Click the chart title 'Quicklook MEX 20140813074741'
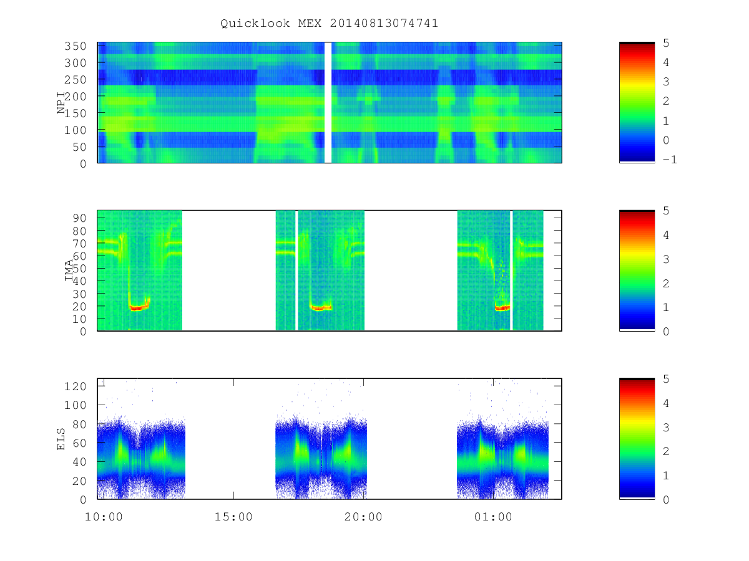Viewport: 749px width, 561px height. pyautogui.click(x=329, y=23)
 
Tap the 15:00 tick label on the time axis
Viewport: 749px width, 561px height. pyautogui.click(x=233, y=517)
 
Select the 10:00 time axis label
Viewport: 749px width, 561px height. pyautogui.click(x=104, y=517)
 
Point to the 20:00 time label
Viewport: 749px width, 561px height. pyautogui.click(x=363, y=517)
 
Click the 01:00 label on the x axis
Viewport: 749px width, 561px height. pyautogui.click(x=493, y=517)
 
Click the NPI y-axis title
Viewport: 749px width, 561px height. pyautogui.click(x=61, y=103)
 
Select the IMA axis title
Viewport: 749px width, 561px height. pyautogui.click(x=69, y=271)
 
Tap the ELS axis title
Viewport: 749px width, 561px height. pyautogui.click(x=61, y=439)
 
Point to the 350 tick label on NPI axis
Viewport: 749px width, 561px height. pyautogui.click(x=75, y=46)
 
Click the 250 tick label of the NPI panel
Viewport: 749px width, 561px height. pyautogui.click(x=75, y=80)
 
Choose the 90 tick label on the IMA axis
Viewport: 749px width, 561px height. pyautogui.click(x=79, y=218)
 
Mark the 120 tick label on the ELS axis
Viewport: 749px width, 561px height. pyautogui.click(x=75, y=386)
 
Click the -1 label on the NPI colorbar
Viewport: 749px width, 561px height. pyautogui.click(x=670, y=160)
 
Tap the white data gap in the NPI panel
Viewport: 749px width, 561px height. pyautogui.click(x=328, y=102)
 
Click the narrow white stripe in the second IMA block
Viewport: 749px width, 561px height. pyautogui.click(x=296, y=271)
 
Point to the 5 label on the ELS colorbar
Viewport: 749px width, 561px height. pyautogui.click(x=666, y=379)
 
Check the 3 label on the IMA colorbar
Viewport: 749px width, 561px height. pyautogui.click(x=666, y=259)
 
